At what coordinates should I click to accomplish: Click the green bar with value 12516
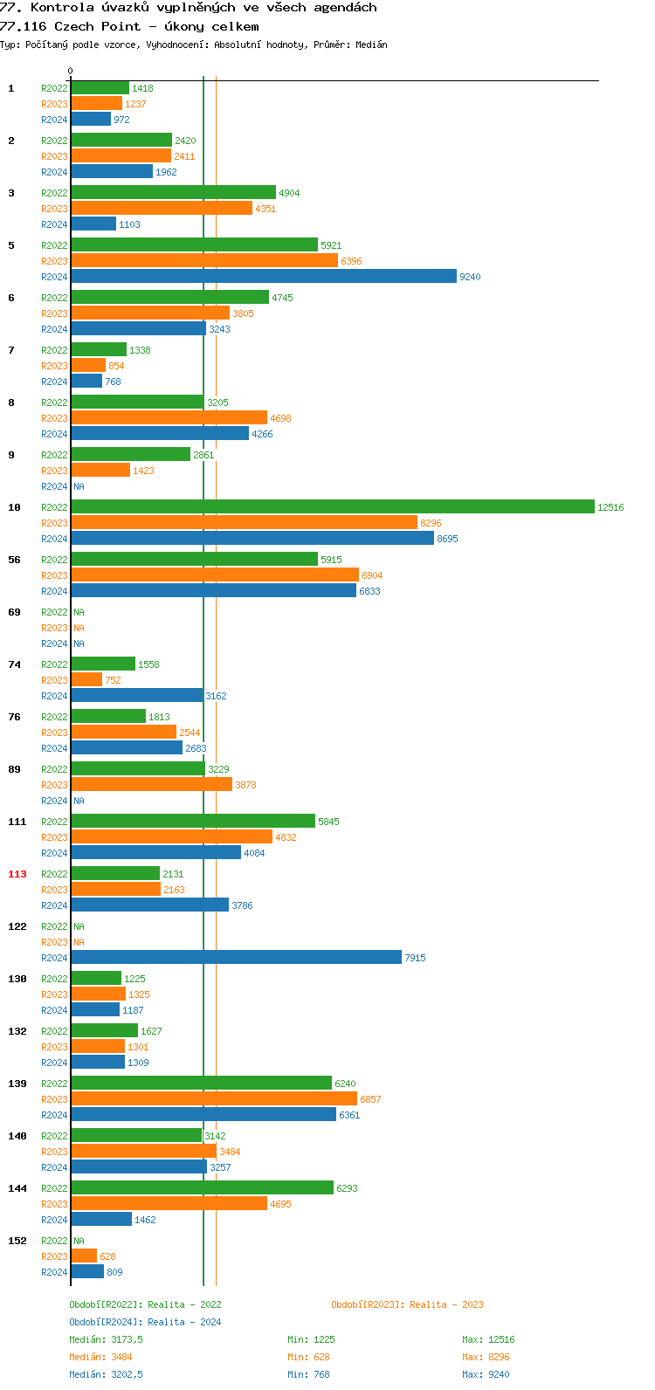point(332,507)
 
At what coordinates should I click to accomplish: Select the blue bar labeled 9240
point(264,277)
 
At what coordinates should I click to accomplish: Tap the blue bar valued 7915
point(236,958)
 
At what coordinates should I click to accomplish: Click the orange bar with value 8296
point(244,523)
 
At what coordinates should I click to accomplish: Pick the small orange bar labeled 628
point(84,1256)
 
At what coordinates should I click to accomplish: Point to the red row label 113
point(17,874)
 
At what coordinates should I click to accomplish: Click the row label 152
point(17,1241)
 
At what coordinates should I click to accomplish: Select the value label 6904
point(372,575)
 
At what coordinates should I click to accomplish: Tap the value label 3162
point(216,696)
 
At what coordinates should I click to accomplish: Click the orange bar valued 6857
point(214,1099)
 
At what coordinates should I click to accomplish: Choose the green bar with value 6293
point(202,1188)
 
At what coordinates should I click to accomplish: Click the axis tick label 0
point(71,72)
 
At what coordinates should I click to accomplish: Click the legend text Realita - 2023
point(446,1304)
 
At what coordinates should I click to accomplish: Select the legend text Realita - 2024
point(184,1322)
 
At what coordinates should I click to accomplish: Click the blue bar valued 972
point(91,120)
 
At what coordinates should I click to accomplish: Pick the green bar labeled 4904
point(173,193)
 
